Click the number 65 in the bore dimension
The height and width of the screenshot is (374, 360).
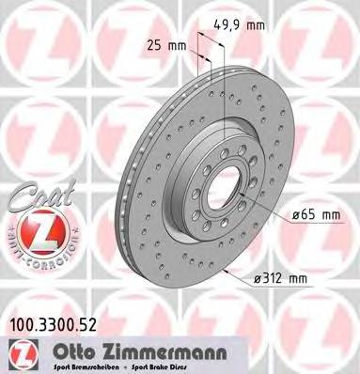coord(303,215)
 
